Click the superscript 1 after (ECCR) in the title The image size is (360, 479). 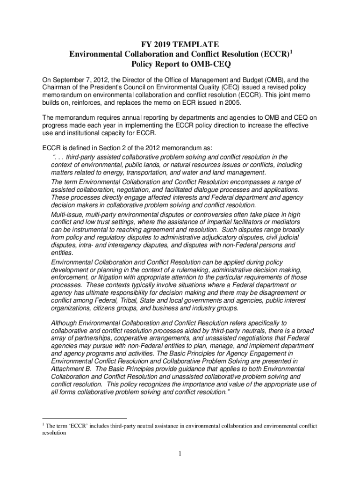(291, 52)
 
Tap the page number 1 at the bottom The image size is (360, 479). (180, 454)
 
